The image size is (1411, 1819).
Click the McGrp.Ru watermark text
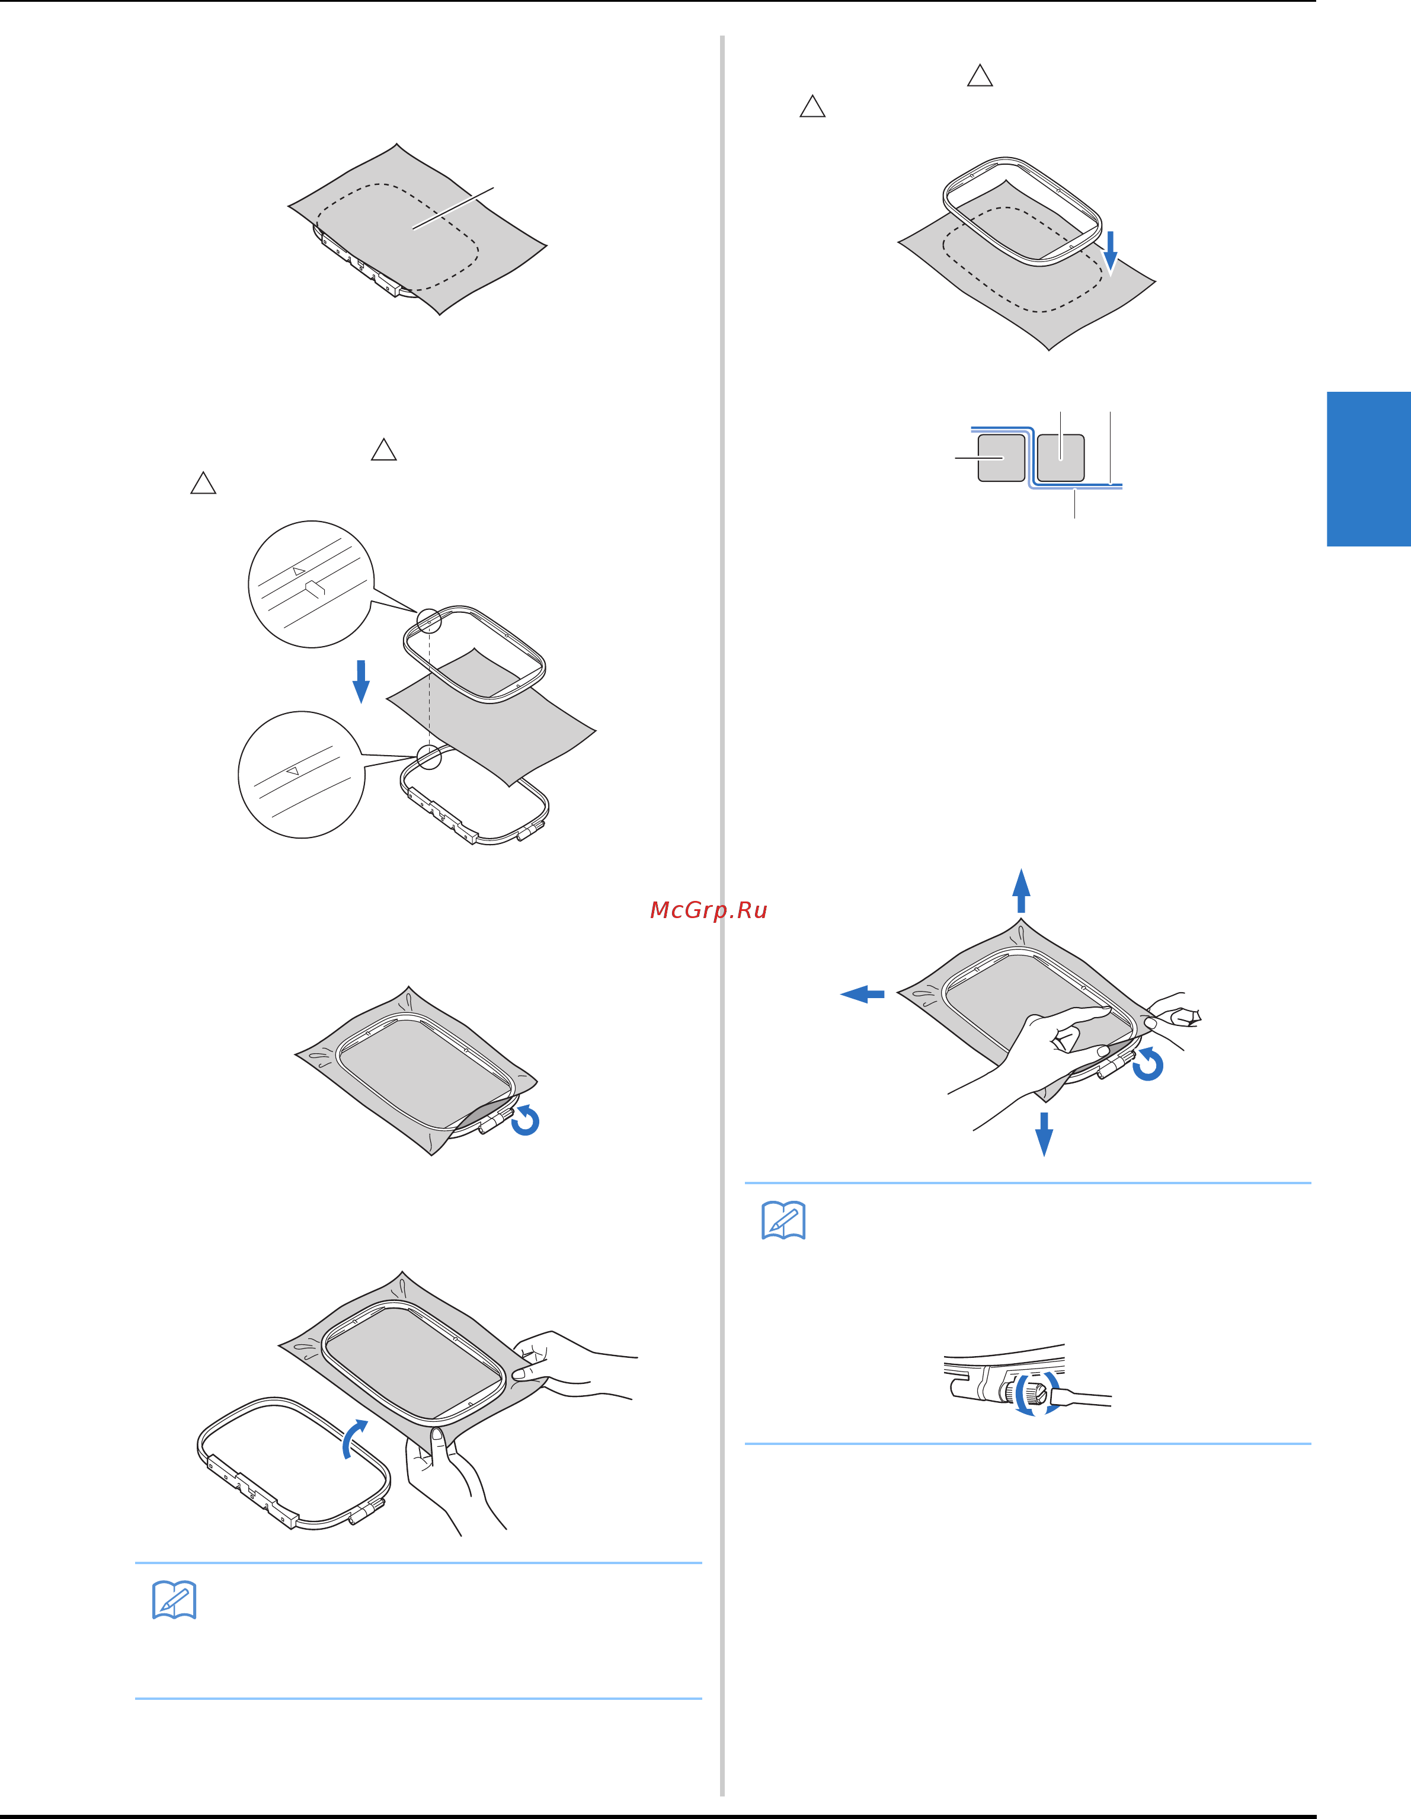708,910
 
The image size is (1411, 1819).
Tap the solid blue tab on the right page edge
1368,469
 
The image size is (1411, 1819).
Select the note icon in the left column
174,1600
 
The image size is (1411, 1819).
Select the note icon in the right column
784,1220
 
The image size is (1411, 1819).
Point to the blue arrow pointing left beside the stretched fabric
862,993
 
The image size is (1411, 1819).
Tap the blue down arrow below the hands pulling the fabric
1044,1134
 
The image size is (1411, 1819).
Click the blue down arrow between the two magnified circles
361,681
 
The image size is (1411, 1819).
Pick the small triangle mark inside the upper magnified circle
298,571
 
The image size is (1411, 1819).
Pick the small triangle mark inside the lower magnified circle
292,771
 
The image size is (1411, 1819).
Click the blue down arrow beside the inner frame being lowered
1111,251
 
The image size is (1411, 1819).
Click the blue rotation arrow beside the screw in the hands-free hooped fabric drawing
526,1120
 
